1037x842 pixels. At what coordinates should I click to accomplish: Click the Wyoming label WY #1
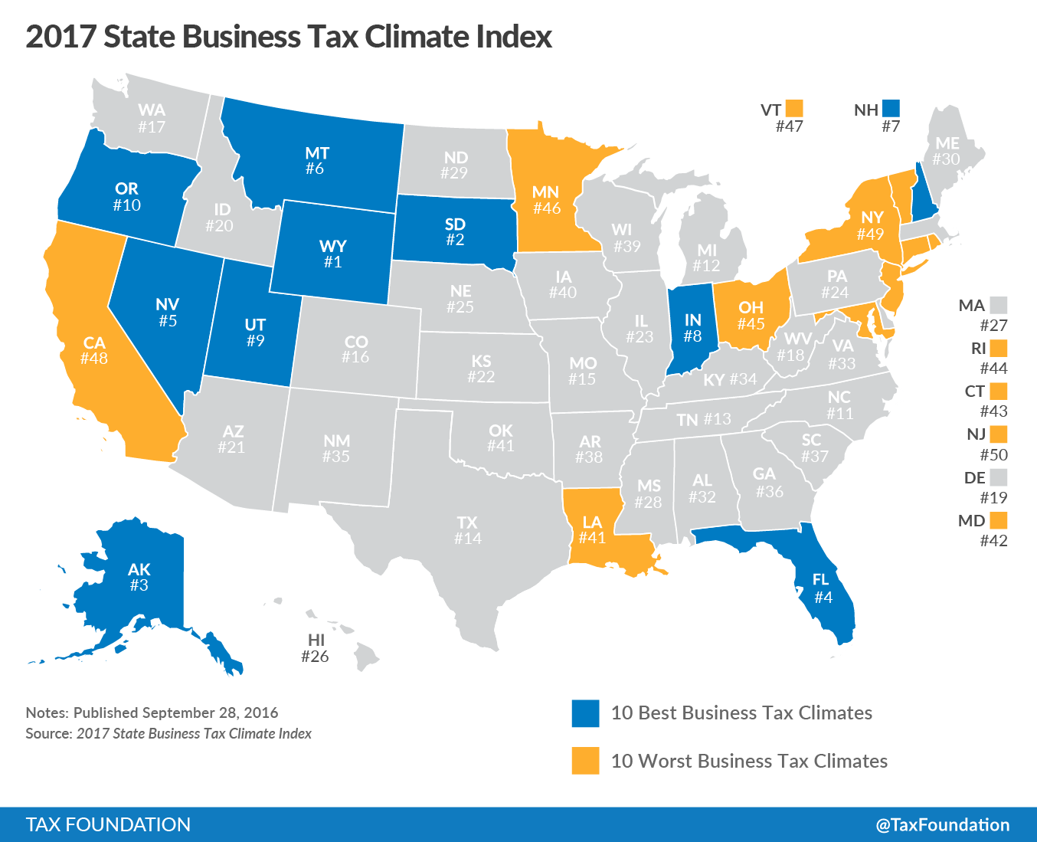pos(332,254)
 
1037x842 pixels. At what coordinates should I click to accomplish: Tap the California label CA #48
pos(94,350)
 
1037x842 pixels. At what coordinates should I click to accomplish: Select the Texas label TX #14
pos(467,530)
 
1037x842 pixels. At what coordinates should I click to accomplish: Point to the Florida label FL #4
pos(823,588)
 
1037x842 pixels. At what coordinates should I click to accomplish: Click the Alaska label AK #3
pos(139,577)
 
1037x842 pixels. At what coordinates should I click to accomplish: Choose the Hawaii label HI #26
pos(315,647)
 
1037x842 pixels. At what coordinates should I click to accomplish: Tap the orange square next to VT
pos(794,109)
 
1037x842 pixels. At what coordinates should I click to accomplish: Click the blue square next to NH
pos(891,109)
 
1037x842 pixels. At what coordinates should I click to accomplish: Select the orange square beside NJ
pos(998,434)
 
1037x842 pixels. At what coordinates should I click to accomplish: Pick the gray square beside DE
pos(998,477)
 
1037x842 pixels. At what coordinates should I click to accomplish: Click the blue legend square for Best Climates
pos(585,713)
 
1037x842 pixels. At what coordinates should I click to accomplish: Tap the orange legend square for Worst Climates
pos(585,761)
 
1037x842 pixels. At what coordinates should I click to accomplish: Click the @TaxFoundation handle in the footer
pos(942,824)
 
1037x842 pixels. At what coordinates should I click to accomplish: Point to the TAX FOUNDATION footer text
pos(108,824)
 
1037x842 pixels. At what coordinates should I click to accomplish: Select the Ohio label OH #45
pos(751,315)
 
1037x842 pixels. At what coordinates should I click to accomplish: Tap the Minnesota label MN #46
pos(546,199)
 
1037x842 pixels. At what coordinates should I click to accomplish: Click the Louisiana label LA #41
pos(592,529)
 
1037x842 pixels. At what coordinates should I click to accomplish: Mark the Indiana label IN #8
pos(692,327)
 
